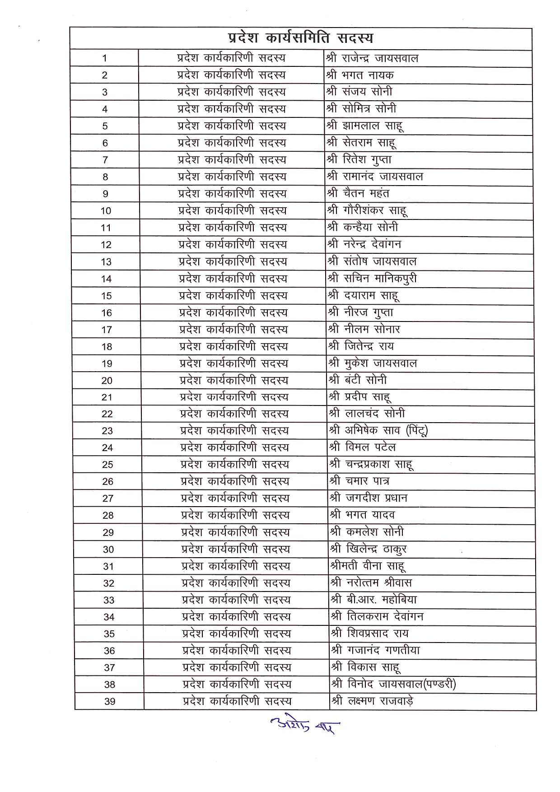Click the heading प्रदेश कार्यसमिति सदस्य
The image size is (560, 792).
click(300, 38)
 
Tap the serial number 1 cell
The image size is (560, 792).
click(105, 58)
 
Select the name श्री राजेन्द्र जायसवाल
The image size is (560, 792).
click(372, 58)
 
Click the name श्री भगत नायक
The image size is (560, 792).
click(360, 75)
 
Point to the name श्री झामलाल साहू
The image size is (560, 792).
click(365, 126)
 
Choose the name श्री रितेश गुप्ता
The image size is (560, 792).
click(359, 160)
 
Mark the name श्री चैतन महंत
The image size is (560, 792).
click(358, 194)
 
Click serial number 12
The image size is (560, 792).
click(106, 245)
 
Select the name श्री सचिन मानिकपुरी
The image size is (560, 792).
click(372, 279)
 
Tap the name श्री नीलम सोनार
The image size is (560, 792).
click(364, 330)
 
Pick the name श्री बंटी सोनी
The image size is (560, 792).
click(358, 380)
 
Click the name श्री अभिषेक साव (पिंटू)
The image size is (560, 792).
click(378, 431)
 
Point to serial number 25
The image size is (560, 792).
click(107, 465)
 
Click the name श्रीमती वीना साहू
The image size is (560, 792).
click(367, 566)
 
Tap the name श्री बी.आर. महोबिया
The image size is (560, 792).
click(373, 600)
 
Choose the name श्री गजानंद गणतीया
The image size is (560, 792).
click(375, 650)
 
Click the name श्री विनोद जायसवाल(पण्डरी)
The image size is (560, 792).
click(393, 685)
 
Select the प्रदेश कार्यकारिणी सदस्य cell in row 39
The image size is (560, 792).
click(237, 701)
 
